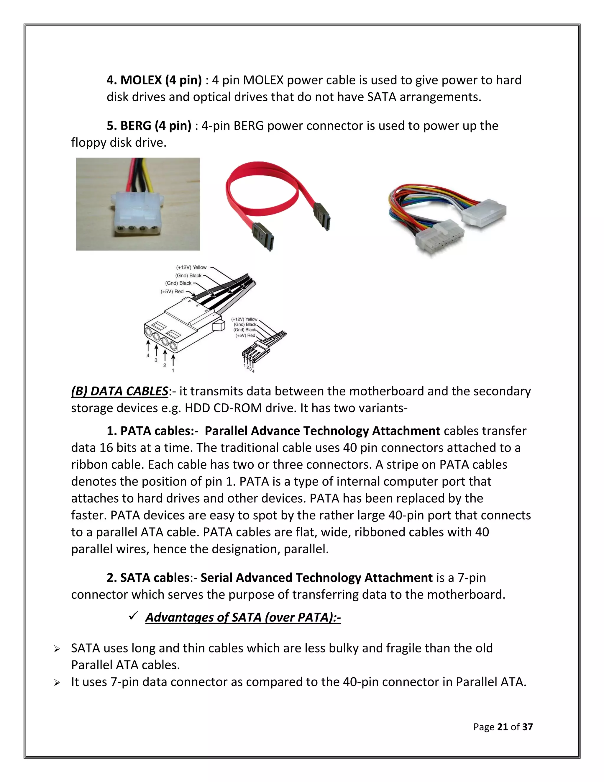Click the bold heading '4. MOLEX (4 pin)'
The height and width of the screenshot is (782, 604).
pos(154,80)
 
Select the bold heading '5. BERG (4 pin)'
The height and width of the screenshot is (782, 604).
pos(149,126)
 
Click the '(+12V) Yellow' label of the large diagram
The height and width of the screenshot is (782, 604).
pos(191,267)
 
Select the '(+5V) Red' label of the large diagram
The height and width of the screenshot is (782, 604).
pos(172,292)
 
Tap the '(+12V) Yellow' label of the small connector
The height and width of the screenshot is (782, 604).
pos(244,319)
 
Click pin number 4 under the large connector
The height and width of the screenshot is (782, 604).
pos(148,356)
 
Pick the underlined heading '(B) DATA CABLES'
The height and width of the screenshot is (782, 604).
pos(119,391)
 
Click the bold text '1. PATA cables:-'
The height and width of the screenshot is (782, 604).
pos(152,431)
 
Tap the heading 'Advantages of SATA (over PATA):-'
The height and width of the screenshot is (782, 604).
pos(243,617)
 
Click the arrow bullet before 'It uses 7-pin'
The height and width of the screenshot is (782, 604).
pos(57,683)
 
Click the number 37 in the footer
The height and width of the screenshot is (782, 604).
pos(527,727)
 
